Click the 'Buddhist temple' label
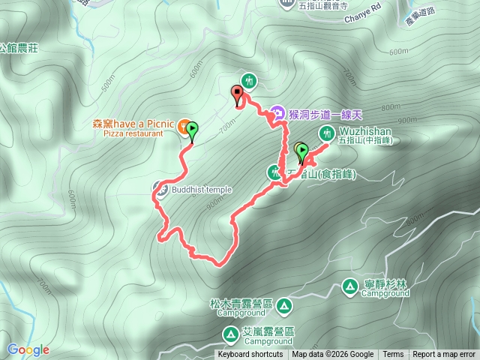(202, 190)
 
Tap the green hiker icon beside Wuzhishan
(326, 133)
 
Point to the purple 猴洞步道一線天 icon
(276, 114)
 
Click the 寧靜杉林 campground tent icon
(349, 286)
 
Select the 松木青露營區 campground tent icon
(283, 305)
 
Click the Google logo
(28, 349)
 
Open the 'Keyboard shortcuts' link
(250, 355)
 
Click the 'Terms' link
(393, 355)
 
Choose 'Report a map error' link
(444, 355)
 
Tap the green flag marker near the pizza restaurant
(192, 130)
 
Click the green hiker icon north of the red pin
(249, 80)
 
